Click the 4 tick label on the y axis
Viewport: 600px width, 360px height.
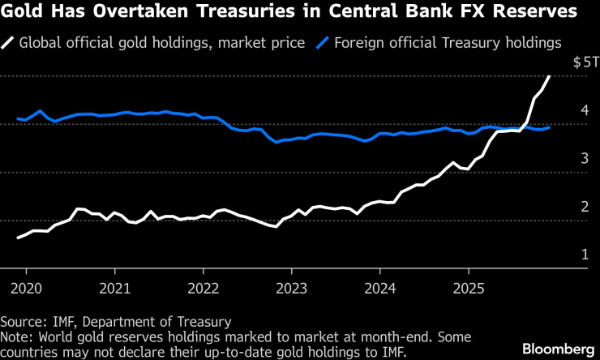[584, 110]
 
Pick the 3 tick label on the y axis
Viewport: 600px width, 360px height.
[584, 158]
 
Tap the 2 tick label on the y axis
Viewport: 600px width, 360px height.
[584, 206]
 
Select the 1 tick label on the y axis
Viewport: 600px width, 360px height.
[584, 254]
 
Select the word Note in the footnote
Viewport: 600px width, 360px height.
[15, 336]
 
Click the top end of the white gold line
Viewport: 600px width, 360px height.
[550, 76]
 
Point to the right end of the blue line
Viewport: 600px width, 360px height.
[550, 127]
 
